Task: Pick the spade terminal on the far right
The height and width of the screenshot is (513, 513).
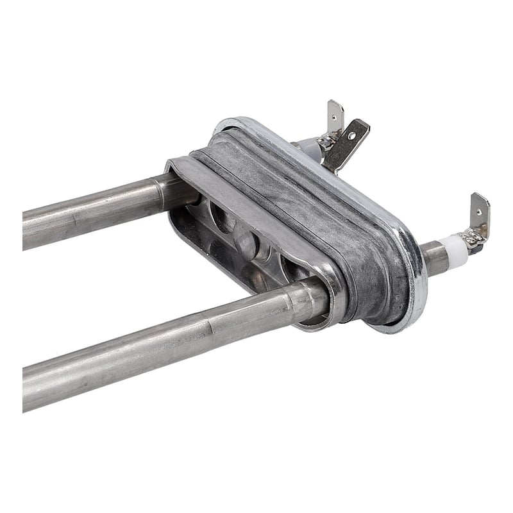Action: [479, 212]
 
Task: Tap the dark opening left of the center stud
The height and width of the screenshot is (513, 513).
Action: [221, 218]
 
